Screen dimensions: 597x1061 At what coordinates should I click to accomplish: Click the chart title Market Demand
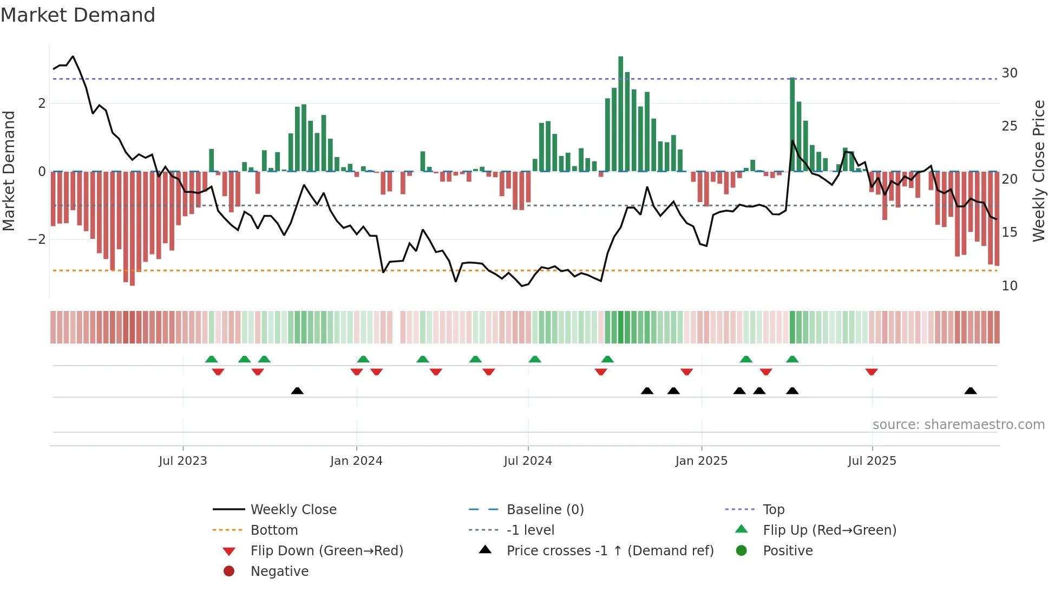[78, 15]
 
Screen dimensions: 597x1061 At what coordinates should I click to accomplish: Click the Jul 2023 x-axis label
[183, 461]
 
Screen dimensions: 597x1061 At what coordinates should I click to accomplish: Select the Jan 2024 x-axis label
[356, 461]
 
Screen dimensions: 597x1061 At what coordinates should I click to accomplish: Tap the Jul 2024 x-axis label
[528, 461]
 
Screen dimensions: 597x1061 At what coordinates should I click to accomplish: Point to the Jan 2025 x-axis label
[702, 461]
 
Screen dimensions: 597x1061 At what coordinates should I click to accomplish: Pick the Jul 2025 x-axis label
[872, 461]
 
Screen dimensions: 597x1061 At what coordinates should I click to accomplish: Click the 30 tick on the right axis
[1010, 73]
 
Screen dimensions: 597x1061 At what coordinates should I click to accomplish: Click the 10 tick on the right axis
[1010, 286]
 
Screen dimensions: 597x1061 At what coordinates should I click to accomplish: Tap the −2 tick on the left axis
[37, 239]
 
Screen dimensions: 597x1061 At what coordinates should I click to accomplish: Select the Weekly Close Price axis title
[1038, 171]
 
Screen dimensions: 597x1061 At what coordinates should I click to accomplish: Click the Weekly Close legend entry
[293, 510]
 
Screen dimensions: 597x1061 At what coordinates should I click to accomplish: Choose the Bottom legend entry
[274, 530]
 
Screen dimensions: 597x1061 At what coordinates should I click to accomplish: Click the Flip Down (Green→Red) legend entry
[326, 551]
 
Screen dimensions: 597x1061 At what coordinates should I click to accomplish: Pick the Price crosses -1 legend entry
[610, 551]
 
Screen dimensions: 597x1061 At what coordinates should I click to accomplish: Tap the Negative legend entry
[279, 572]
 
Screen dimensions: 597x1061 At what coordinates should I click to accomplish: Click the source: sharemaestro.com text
[958, 425]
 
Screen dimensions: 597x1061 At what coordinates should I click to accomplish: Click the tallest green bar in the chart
[621, 114]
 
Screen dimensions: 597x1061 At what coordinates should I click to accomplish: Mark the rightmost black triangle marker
[971, 391]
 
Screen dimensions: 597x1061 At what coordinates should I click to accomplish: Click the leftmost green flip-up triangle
[212, 359]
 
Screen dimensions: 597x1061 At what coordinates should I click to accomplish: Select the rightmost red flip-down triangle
[872, 372]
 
